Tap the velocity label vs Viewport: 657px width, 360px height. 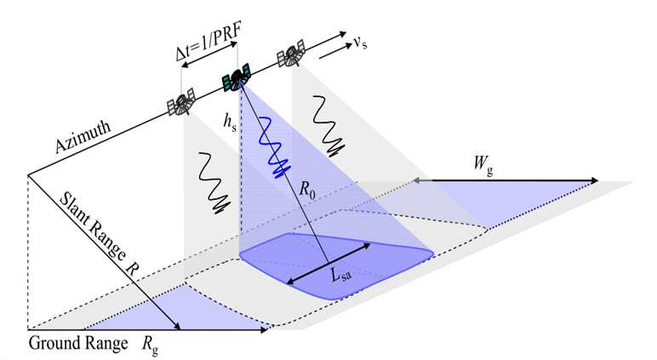click(360, 43)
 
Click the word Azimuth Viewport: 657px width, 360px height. click(83, 137)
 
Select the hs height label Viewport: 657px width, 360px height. click(230, 122)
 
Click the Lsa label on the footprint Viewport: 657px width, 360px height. click(340, 276)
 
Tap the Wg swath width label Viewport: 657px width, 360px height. click(483, 163)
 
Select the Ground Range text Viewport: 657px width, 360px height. click(78, 343)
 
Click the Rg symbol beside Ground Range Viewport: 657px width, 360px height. click(150, 345)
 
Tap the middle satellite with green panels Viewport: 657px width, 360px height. click(237, 78)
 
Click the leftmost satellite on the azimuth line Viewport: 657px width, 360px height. click(181, 102)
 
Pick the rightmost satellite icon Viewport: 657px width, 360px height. click(290, 54)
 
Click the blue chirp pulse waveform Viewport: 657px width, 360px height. click(272, 146)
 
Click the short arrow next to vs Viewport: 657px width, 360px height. click(335, 51)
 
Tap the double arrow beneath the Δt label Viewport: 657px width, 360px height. click(211, 55)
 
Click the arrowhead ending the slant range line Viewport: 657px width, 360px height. click(177, 326)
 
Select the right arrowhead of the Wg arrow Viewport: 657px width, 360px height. click(594, 180)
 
